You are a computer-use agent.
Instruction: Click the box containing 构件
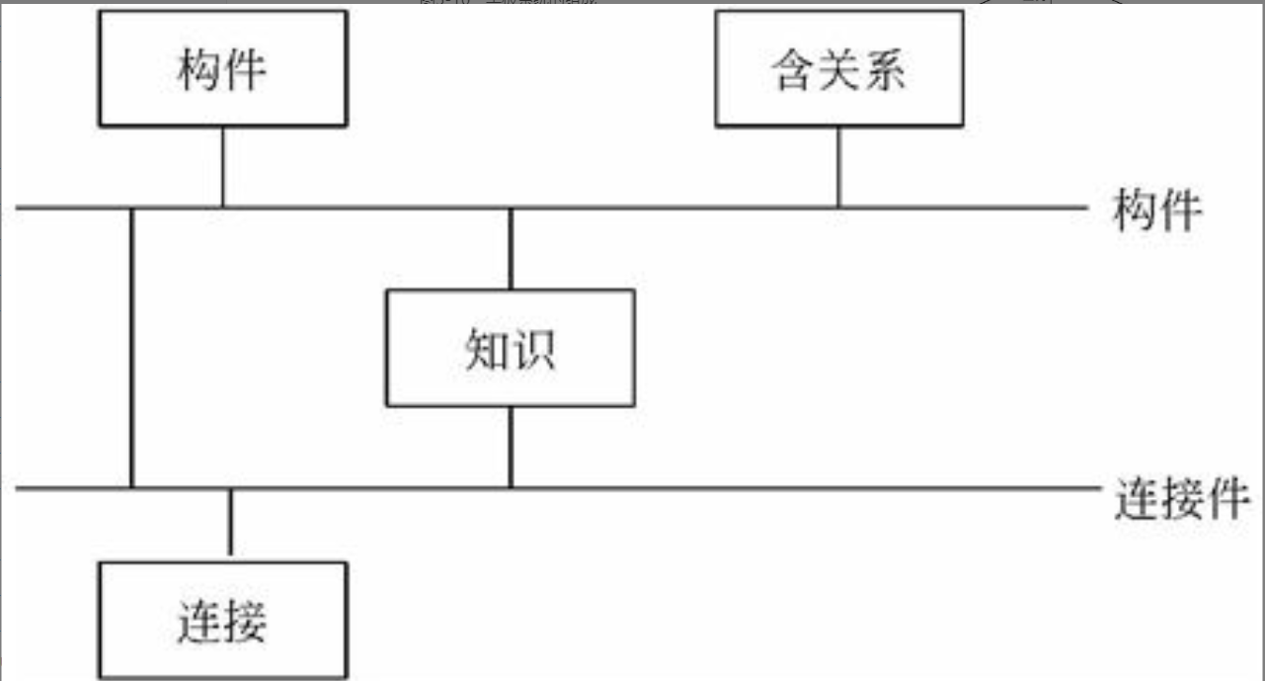coord(222,68)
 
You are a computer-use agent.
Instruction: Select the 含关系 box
coord(838,68)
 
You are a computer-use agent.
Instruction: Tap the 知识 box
coord(510,348)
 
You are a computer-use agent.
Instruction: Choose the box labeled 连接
coord(222,621)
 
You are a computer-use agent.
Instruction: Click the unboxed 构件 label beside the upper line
coord(1156,211)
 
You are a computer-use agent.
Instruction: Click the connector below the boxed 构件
coord(222,167)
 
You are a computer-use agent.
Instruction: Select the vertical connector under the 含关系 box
coord(838,167)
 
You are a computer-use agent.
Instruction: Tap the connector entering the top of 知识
coord(510,249)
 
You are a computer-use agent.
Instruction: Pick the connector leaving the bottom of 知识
coord(510,447)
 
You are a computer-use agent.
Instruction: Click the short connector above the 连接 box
coord(230,524)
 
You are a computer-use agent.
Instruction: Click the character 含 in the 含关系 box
coord(794,71)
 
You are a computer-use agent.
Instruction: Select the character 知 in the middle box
coord(487,350)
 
